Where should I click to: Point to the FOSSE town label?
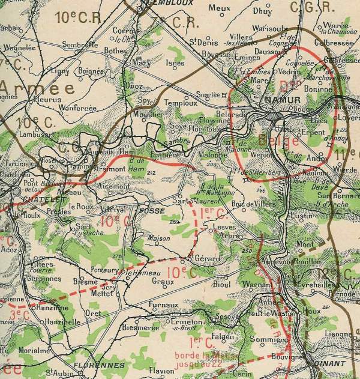tap(147, 211)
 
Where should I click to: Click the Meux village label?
tap(220, 8)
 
